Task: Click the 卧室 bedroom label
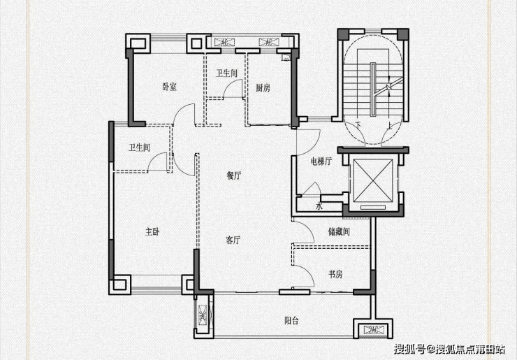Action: [x=169, y=87]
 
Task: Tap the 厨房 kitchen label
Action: [x=263, y=88]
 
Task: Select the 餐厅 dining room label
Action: [x=234, y=176]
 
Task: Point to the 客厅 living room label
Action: [x=233, y=240]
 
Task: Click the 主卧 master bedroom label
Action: [x=152, y=231]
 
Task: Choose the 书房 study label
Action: [x=336, y=274]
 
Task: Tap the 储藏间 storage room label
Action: [x=338, y=231]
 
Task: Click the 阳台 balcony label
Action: [x=292, y=321]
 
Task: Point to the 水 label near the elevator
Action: [x=319, y=207]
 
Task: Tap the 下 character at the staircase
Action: [x=358, y=125]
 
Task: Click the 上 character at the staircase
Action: [x=388, y=125]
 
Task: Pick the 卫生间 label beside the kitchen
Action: [x=227, y=73]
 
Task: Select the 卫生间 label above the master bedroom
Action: [x=139, y=147]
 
